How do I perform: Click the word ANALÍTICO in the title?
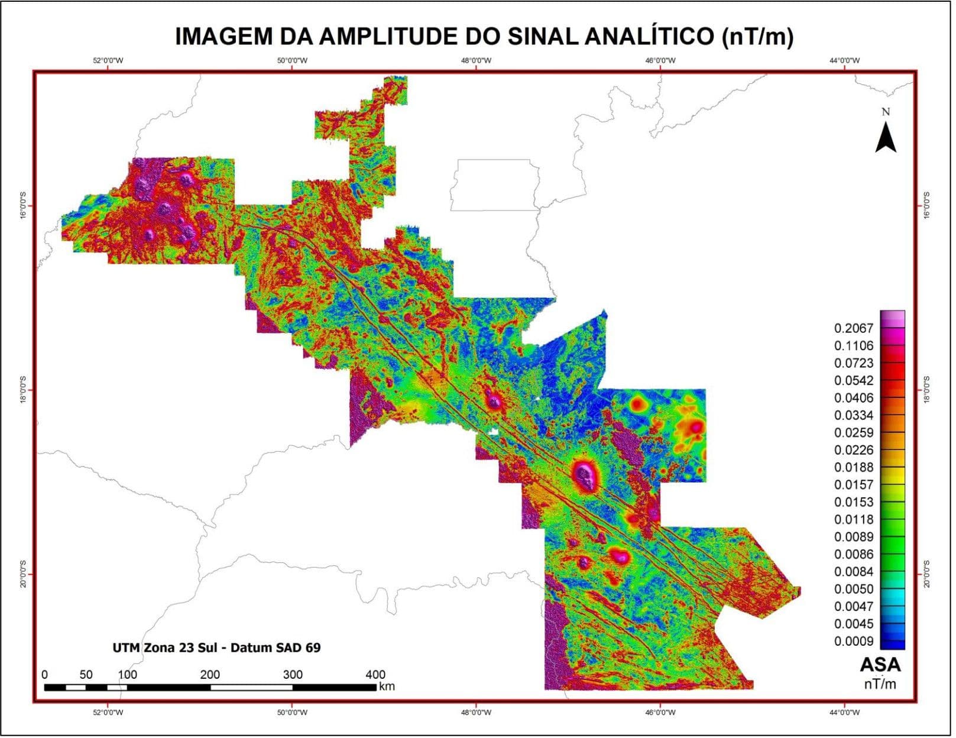pyautogui.click(x=649, y=36)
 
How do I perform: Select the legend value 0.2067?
pyautogui.click(x=853, y=329)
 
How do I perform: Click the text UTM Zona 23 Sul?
pyautogui.click(x=164, y=648)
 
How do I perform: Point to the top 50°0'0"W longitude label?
pyautogui.click(x=292, y=61)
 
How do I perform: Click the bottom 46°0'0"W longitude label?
pyautogui.click(x=660, y=713)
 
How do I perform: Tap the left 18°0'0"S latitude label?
pyautogui.click(x=24, y=390)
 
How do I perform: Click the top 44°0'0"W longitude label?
pyautogui.click(x=844, y=61)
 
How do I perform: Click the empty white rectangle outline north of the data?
pyautogui.click(x=495, y=185)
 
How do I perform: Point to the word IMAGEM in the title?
pyautogui.click(x=223, y=36)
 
